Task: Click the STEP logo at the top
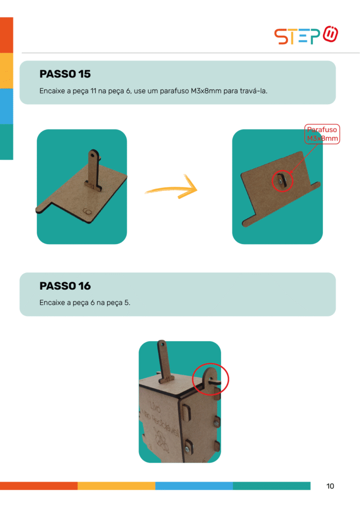(306, 35)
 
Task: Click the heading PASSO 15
(65, 74)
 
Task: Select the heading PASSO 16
(65, 286)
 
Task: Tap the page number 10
(330, 486)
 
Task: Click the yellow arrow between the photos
(172, 189)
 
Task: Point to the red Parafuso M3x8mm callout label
(322, 134)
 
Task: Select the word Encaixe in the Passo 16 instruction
(52, 303)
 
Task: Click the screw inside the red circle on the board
(280, 182)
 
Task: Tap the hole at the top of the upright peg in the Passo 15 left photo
(93, 155)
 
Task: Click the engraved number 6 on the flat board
(87, 211)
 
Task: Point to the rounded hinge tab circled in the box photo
(211, 380)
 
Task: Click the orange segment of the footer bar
(39, 486)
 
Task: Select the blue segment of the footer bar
(194, 486)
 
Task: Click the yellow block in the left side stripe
(6, 70)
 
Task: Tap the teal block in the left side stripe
(6, 142)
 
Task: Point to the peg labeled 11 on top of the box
(164, 361)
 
